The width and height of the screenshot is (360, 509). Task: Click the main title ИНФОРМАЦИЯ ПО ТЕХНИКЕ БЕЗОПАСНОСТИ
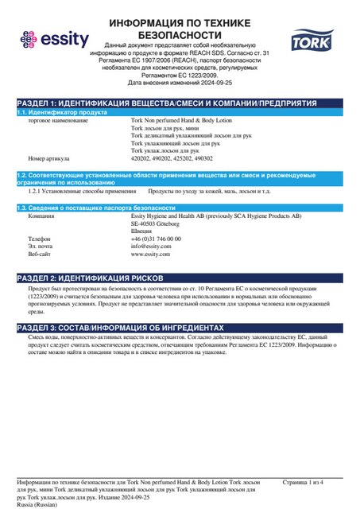180,29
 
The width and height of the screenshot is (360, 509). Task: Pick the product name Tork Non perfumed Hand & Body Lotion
180,120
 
